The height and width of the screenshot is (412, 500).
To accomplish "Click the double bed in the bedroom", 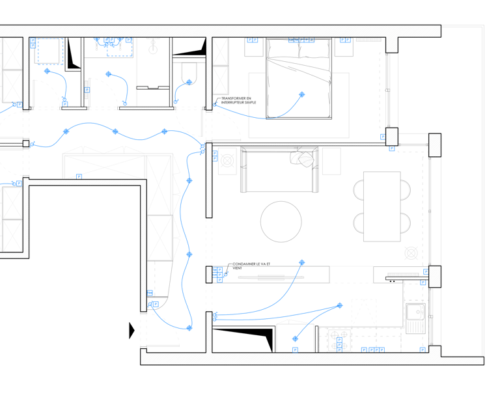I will (299, 78).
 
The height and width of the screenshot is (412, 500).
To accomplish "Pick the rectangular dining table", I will (382, 206).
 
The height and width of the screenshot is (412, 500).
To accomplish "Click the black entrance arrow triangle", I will (132, 331).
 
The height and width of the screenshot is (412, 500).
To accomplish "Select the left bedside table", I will (253, 47).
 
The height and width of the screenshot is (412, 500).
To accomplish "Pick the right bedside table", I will (343, 47).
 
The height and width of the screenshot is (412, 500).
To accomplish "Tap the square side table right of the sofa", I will (331, 161).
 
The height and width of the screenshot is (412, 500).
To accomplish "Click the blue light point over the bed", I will (301, 95).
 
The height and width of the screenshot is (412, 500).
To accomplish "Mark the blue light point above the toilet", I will (189, 82).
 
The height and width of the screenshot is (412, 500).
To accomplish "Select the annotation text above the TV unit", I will (251, 266).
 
